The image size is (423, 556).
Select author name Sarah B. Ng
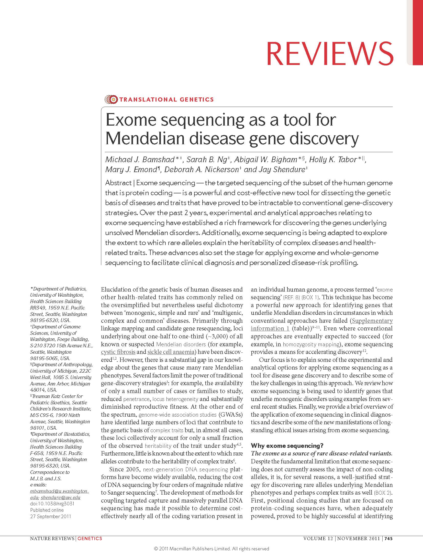tap(206, 160)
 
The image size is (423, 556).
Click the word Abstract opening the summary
tap(118, 183)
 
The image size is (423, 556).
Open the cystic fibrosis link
tap(118, 352)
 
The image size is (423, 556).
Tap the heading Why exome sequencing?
tap(287, 446)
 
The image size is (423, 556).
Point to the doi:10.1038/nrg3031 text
tap(52, 504)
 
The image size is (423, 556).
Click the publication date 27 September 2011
tap(51, 516)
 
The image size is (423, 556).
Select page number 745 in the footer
tap(388, 539)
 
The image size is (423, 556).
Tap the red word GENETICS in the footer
tap(90, 539)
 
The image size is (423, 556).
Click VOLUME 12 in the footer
tap(318, 539)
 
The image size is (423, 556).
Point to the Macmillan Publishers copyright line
tap(211, 549)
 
